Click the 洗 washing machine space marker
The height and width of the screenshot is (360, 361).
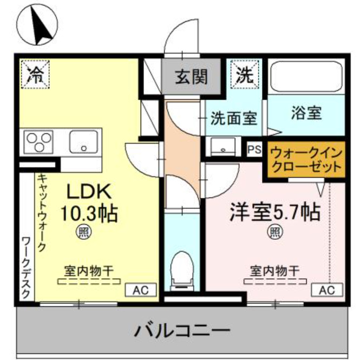[243, 75]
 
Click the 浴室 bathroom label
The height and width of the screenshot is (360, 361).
[306, 113]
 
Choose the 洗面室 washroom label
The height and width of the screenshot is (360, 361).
[234, 117]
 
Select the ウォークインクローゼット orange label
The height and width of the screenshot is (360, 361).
[306, 159]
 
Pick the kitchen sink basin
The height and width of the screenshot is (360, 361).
[83, 142]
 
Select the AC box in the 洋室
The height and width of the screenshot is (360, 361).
[326, 290]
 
